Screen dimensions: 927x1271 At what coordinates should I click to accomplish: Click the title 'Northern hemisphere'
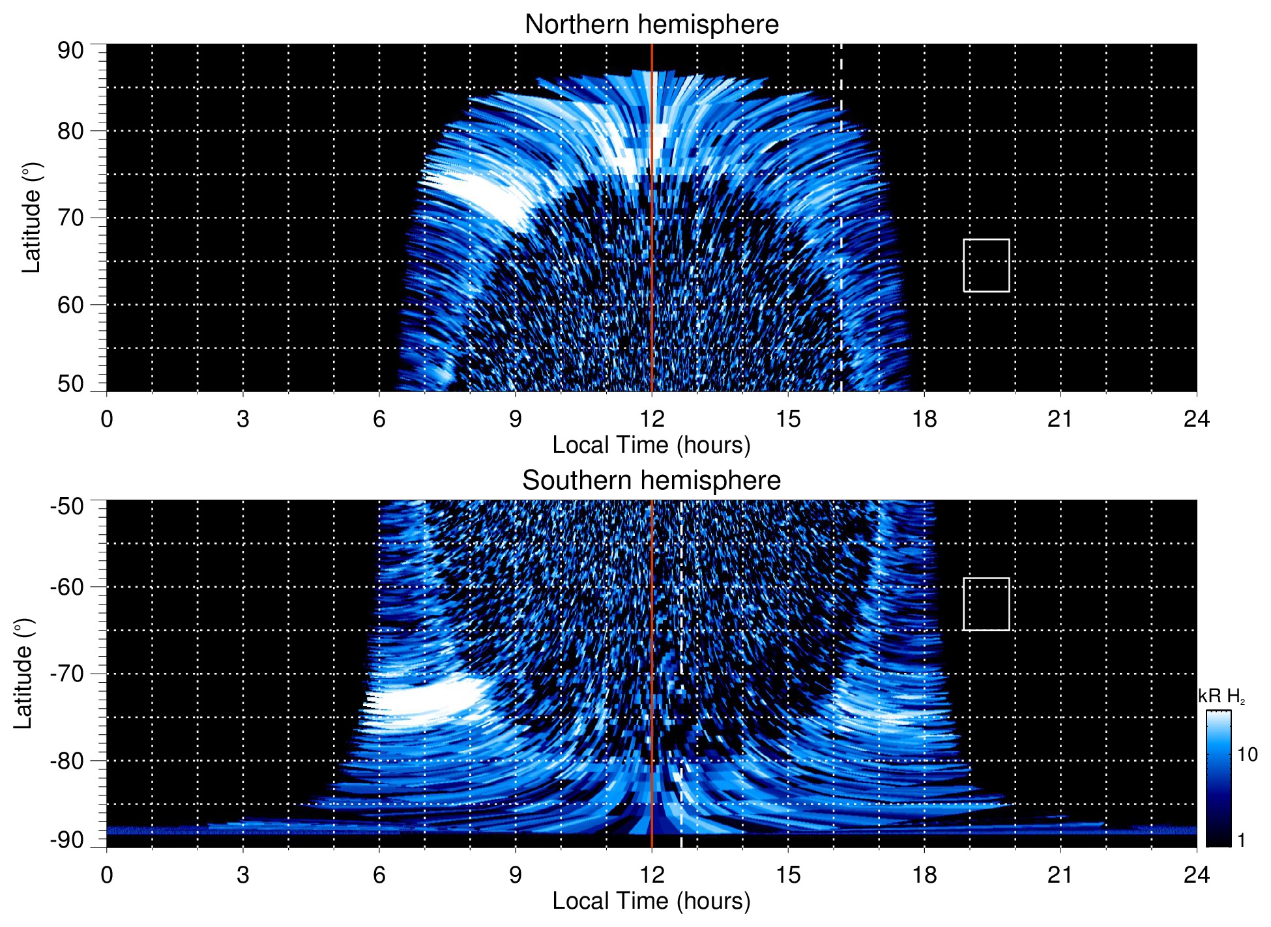(651, 25)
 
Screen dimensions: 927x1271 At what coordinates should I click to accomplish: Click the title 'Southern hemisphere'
(651, 481)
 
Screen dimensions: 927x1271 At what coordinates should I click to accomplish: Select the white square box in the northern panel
(986, 265)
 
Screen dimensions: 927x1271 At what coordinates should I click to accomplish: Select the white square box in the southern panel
(986, 604)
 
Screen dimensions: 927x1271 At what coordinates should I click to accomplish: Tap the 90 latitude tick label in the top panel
(70, 51)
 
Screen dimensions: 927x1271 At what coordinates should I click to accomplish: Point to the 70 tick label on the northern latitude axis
(70, 218)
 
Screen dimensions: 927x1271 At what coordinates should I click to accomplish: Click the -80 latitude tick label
(67, 760)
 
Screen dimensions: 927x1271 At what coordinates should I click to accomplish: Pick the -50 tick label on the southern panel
(67, 506)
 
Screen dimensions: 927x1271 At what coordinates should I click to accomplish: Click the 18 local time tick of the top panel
(924, 419)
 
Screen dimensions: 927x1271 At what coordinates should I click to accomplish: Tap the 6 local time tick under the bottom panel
(379, 875)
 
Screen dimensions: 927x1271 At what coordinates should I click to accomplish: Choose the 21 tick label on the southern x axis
(1060, 875)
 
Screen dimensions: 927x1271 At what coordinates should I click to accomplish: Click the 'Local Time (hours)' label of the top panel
(651, 445)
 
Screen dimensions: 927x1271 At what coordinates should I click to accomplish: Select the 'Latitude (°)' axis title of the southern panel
(23, 674)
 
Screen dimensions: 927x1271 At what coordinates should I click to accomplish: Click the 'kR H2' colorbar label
(1221, 696)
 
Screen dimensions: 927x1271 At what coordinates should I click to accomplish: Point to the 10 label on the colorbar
(1247, 754)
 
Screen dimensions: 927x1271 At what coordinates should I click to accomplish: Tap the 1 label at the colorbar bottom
(1241, 840)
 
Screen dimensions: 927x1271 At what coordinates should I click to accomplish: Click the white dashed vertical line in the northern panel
(841, 195)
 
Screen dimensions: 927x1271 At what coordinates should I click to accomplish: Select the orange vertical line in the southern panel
(652, 651)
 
